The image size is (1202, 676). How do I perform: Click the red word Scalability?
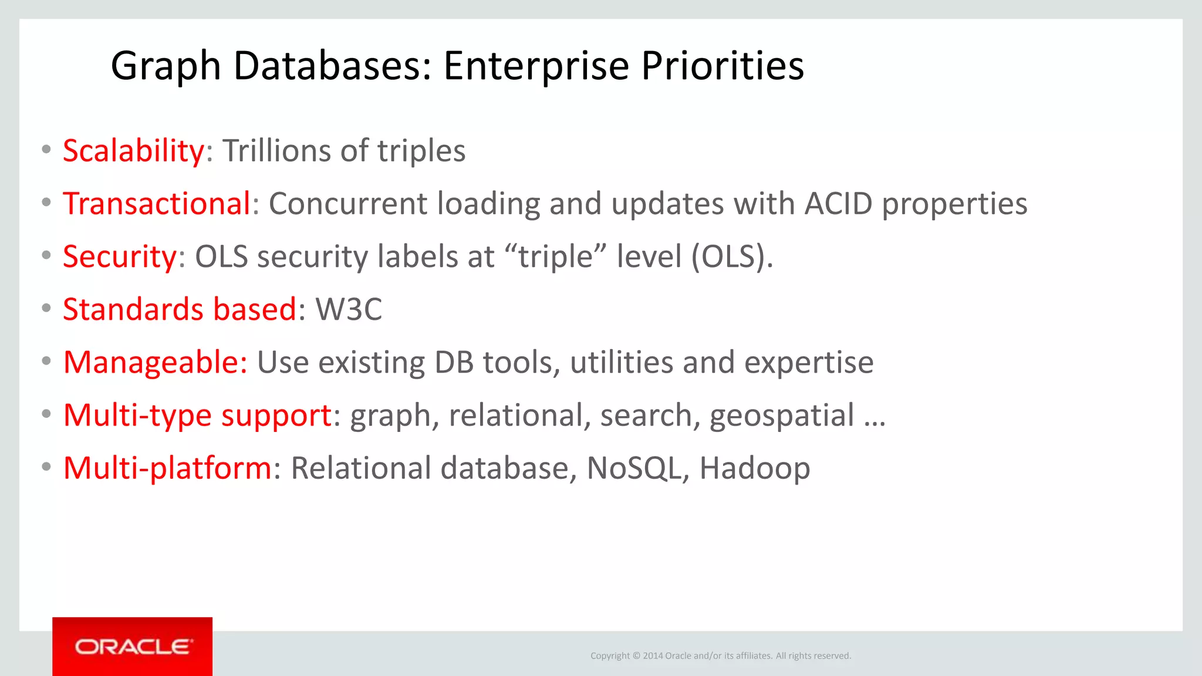pyautogui.click(x=133, y=151)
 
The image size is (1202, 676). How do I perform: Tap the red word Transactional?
pyautogui.click(x=157, y=204)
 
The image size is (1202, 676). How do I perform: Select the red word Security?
pyautogui.click(x=120, y=256)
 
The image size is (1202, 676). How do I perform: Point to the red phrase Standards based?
pyautogui.click(x=180, y=309)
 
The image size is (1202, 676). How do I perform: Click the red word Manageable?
pyautogui.click(x=155, y=362)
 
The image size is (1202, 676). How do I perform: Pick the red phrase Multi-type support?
pyautogui.click(x=198, y=415)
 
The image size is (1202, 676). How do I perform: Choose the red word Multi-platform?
pyautogui.click(x=167, y=468)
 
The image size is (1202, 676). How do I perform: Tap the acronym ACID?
pyautogui.click(x=838, y=204)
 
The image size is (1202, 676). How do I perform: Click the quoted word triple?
pyautogui.click(x=555, y=256)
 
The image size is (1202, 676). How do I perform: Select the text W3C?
pyautogui.click(x=349, y=309)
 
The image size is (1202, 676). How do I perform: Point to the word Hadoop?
pyautogui.click(x=754, y=468)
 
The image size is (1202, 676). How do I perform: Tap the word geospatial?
pyautogui.click(x=781, y=416)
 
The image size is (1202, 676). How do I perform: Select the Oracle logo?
pyautogui.click(x=133, y=647)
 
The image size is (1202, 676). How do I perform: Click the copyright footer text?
pyautogui.click(x=720, y=655)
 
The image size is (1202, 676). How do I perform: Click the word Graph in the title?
pyautogui.click(x=166, y=65)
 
